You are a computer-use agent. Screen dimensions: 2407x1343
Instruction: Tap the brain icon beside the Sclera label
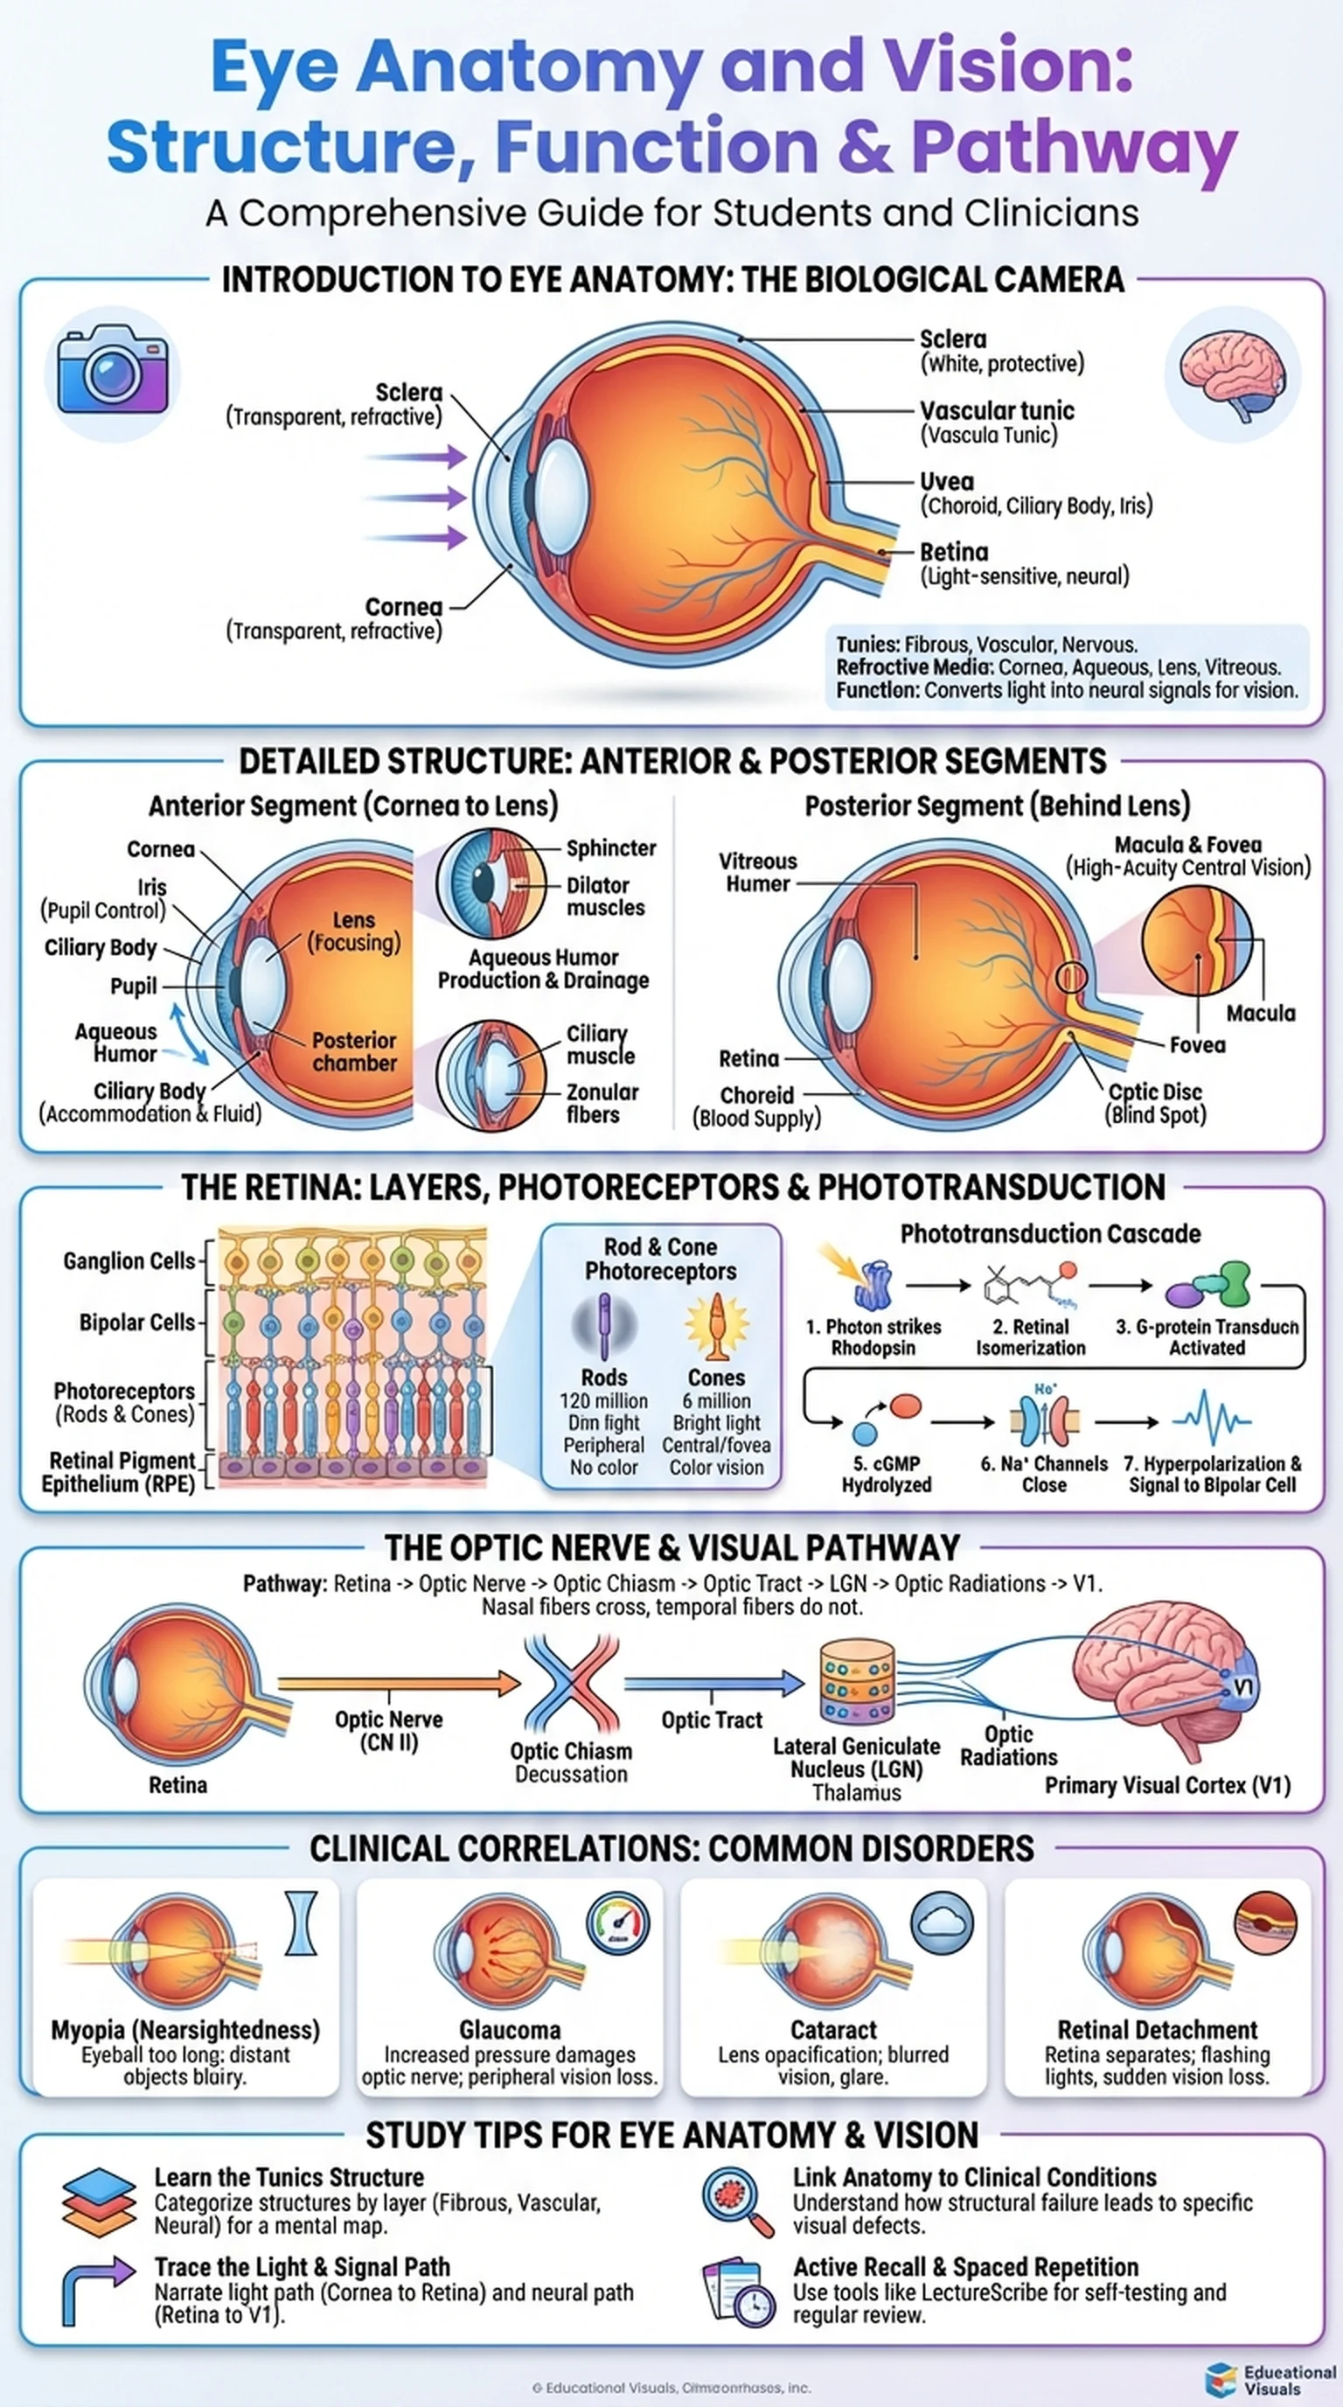pos(1232,374)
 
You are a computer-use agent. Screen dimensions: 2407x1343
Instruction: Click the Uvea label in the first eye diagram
pos(946,481)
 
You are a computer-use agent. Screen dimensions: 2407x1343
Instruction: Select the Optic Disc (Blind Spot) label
pos(1154,1103)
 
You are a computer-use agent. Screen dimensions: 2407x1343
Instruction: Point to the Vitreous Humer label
pos(757,872)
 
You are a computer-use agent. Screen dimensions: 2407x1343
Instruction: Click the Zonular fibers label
pos(602,1103)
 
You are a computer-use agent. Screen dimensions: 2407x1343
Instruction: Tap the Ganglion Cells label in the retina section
pos(129,1260)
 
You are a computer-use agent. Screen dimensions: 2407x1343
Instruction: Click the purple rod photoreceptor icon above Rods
pos(604,1325)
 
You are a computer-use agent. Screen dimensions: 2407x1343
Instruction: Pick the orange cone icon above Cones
pos(716,1325)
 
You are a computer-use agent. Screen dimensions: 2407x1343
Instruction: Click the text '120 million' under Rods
pos(603,1400)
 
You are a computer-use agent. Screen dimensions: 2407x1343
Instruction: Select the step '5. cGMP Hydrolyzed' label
pos(887,1474)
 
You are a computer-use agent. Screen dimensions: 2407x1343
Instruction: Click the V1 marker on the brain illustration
pos(1242,1686)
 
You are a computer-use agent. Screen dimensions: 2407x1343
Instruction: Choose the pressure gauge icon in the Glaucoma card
pos(617,1923)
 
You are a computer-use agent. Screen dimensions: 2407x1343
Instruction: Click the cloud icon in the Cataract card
pos(942,1923)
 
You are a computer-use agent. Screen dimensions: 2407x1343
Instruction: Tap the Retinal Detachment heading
pos(1157,2029)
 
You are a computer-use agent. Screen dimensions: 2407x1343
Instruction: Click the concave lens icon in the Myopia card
pos(301,1923)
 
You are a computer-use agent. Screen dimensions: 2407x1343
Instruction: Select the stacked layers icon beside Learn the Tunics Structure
pos(99,2202)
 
